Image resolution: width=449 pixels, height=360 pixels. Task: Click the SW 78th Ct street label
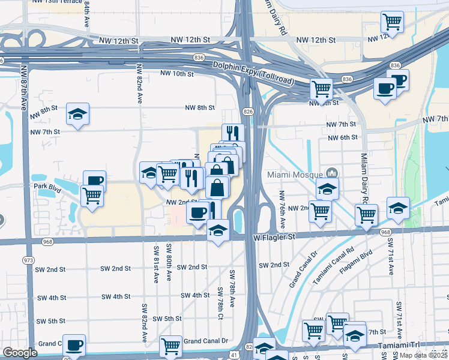click(x=221, y=304)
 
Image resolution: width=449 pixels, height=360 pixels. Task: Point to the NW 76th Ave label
click(x=281, y=204)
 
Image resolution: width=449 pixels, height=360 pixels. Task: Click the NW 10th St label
click(x=177, y=74)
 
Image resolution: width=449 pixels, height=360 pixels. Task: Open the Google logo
click(x=20, y=353)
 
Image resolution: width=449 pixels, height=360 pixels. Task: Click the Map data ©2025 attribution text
click(x=423, y=355)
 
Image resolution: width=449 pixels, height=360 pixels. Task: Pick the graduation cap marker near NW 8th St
click(x=77, y=113)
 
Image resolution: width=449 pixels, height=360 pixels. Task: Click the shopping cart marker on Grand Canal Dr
click(x=170, y=346)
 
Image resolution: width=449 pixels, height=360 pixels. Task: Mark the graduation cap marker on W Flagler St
click(x=218, y=230)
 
